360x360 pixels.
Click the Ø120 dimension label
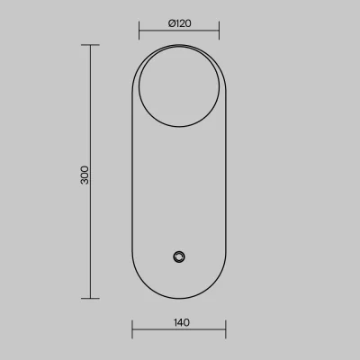coord(180,23)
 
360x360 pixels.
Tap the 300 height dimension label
coord(85,175)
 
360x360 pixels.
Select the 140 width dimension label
coord(182,322)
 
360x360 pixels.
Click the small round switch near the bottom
coord(179,256)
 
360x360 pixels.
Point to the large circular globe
coord(139,87)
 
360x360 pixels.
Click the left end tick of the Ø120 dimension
coord(139,31)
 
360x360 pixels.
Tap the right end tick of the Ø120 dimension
coord(219,31)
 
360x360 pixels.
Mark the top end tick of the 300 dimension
coord(90,45)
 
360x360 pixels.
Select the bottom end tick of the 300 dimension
coord(90,299)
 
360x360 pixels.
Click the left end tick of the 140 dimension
coord(132,329)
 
